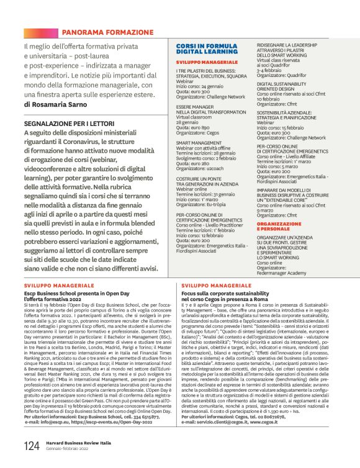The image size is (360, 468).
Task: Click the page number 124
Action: pos(32,446)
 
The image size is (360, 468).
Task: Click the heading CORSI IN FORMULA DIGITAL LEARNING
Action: pos(207,50)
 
